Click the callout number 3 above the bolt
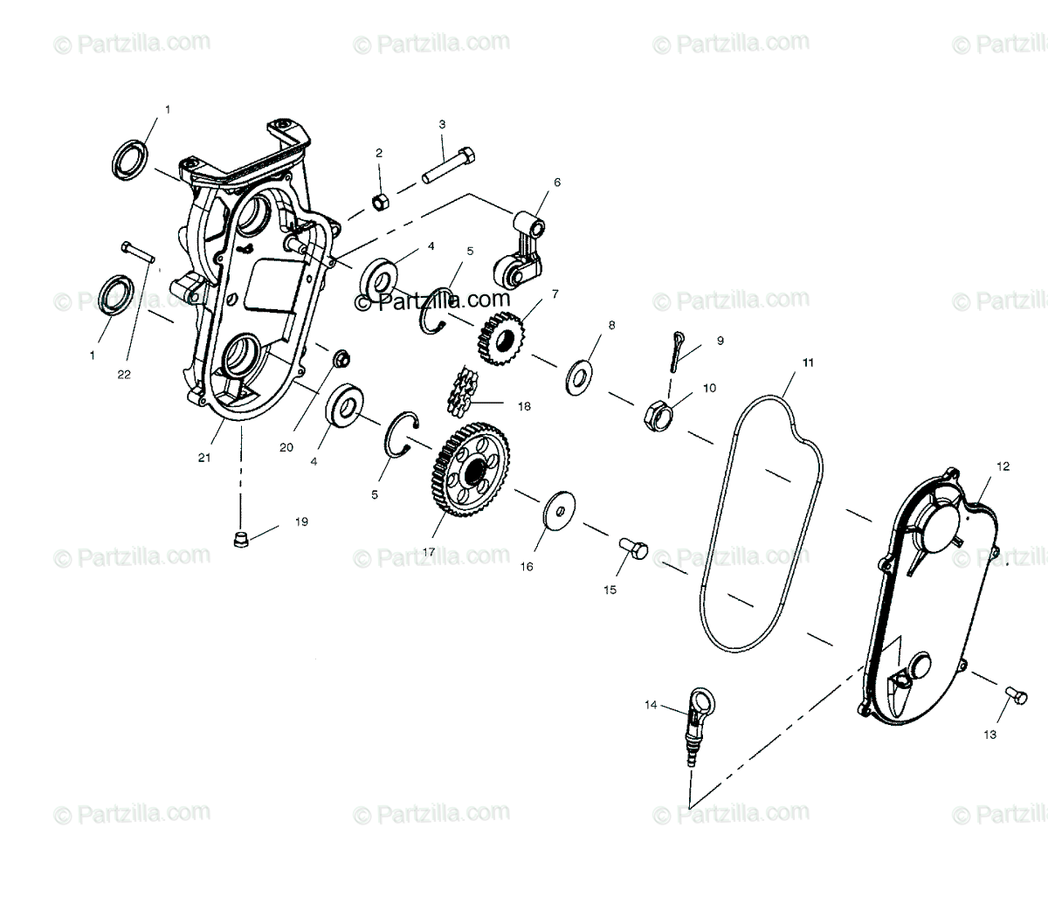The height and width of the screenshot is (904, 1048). [442, 124]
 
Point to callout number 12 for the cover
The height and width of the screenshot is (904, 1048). [1003, 466]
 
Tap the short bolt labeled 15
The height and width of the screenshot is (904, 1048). [633, 549]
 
